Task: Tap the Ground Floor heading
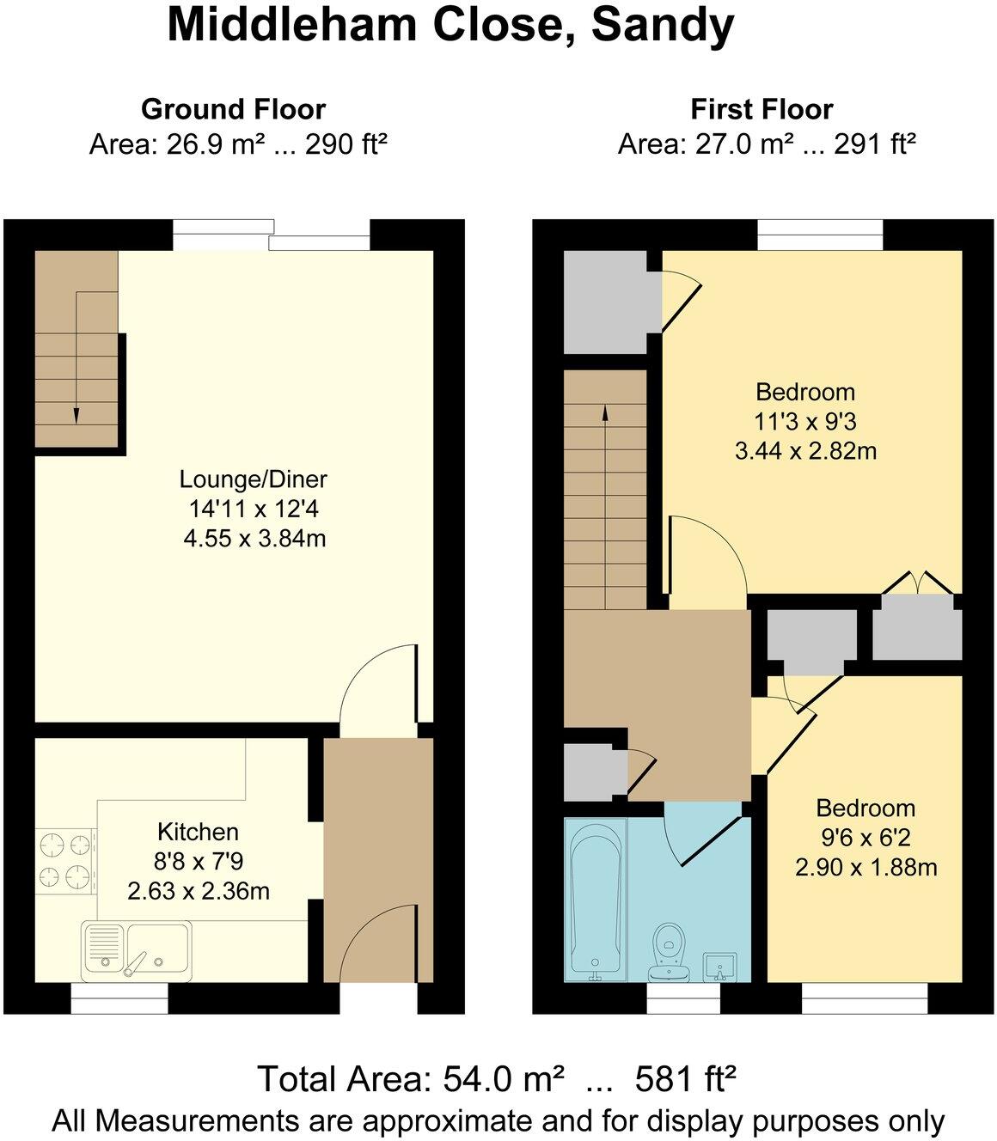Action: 233,109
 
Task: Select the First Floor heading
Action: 762,109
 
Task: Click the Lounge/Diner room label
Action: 254,479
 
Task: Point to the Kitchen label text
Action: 198,832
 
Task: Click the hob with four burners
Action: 65,859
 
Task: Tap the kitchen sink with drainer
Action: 138,951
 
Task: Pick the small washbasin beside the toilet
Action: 719,966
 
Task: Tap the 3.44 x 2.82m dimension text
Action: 805,450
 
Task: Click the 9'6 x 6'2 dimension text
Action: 865,838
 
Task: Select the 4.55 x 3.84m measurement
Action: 254,539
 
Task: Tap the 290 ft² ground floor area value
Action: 345,143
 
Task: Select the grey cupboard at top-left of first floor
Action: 605,302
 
